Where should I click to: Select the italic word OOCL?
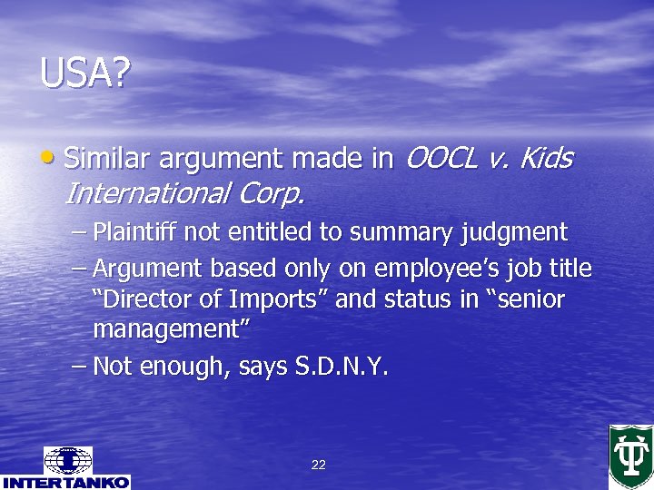tap(439, 159)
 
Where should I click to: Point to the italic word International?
tap(147, 193)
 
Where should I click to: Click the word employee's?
tap(427, 269)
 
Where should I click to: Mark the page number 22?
tap(318, 465)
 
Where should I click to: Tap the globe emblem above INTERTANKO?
tap(67, 460)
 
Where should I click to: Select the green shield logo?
tap(629, 456)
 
